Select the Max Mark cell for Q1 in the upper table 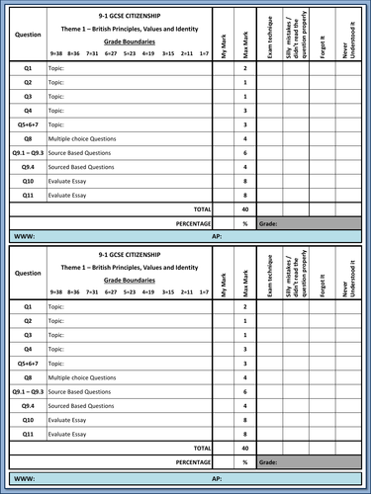(245, 68)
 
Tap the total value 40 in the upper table (245, 210)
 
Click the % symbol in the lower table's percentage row (245, 461)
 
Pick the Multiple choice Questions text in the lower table (82, 377)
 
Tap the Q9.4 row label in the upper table (29, 168)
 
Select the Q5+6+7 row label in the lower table (29, 364)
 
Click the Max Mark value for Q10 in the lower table (245, 420)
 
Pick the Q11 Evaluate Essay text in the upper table (72, 197)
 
